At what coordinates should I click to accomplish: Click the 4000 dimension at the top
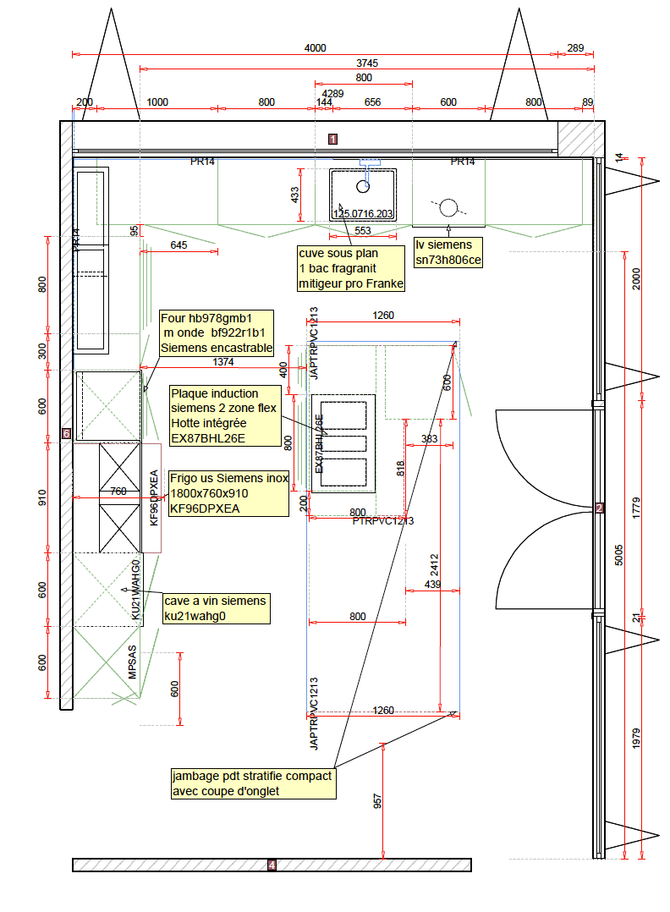[315, 48]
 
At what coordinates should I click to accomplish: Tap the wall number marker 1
[333, 139]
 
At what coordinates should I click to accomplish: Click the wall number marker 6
[66, 433]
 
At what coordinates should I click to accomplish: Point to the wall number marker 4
[272, 865]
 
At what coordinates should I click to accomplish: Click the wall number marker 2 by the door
[599, 508]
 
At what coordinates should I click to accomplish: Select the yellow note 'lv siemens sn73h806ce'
[448, 252]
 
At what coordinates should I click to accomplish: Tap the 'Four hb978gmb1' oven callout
[217, 332]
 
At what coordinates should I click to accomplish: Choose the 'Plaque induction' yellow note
[226, 415]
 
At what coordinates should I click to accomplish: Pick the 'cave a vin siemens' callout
[217, 608]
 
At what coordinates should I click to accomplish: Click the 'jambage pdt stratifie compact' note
[253, 783]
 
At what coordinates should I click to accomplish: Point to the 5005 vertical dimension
[618, 555]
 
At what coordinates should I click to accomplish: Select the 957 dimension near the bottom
[378, 800]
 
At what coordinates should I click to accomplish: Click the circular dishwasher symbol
[448, 206]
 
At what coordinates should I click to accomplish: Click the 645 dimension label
[178, 245]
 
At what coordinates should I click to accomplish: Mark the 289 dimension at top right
[575, 48]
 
